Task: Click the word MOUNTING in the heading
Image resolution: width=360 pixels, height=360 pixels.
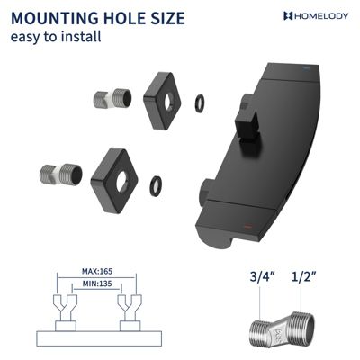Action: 53,18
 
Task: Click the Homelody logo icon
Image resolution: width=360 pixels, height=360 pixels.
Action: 288,16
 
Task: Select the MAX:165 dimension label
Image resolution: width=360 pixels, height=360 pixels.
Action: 97,271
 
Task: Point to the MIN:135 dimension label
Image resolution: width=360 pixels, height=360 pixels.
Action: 97,283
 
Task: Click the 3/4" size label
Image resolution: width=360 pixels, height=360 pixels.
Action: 262,276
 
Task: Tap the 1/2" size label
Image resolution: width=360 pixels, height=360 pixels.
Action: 304,276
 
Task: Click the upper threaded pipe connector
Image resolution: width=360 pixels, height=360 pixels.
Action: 112,98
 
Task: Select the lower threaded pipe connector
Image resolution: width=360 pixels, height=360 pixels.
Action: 61,175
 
